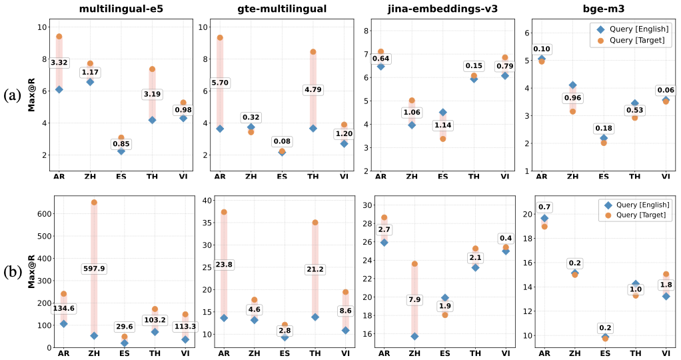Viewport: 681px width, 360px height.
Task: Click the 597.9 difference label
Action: [x=93, y=269]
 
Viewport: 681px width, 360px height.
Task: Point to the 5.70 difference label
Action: [x=219, y=83]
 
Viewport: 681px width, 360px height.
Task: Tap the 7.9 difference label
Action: [x=414, y=299]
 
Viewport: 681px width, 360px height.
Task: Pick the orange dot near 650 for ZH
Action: [x=94, y=202]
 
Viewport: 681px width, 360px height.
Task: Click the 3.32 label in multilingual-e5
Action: [x=59, y=63]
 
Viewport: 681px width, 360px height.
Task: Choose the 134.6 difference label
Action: [x=63, y=308]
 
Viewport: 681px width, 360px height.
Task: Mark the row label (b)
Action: [x=13, y=271]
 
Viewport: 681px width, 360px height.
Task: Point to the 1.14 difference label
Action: [x=442, y=125]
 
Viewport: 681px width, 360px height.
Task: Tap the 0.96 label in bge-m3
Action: [x=572, y=98]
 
